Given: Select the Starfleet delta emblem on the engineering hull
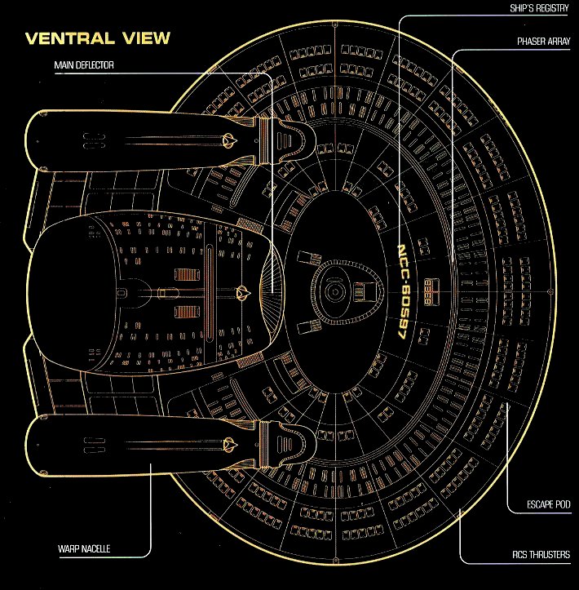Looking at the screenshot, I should click(x=242, y=289).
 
